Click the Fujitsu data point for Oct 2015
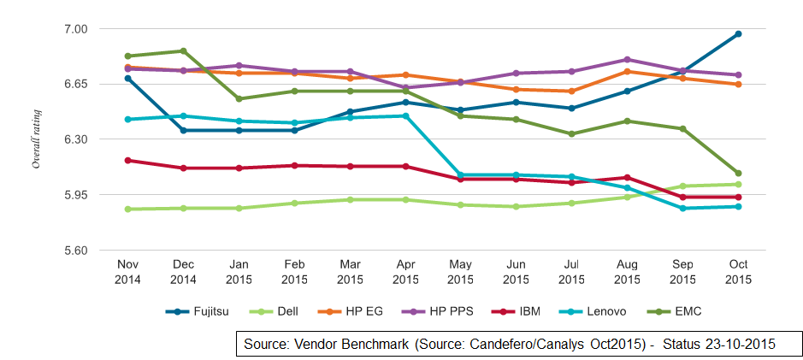[738, 34]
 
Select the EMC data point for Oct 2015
[738, 174]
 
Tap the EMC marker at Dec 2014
[183, 51]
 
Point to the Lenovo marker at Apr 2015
[405, 115]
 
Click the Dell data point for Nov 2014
[127, 209]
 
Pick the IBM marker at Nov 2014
[127, 160]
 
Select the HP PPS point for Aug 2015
[627, 60]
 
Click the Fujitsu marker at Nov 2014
[127, 79]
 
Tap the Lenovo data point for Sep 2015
[682, 208]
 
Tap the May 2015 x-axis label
[460, 273]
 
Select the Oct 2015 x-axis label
[738, 273]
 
